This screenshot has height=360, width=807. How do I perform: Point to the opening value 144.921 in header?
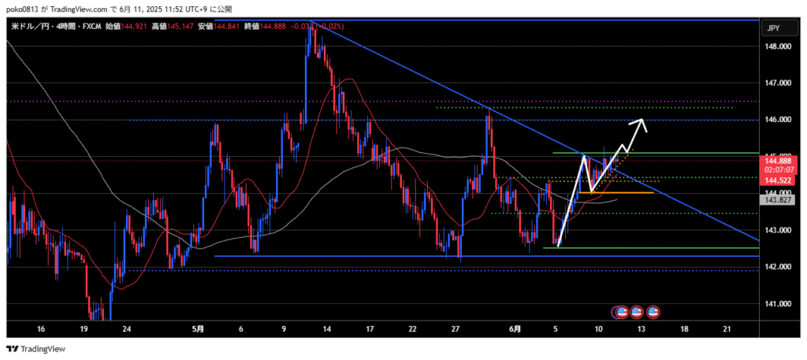[132, 27]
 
